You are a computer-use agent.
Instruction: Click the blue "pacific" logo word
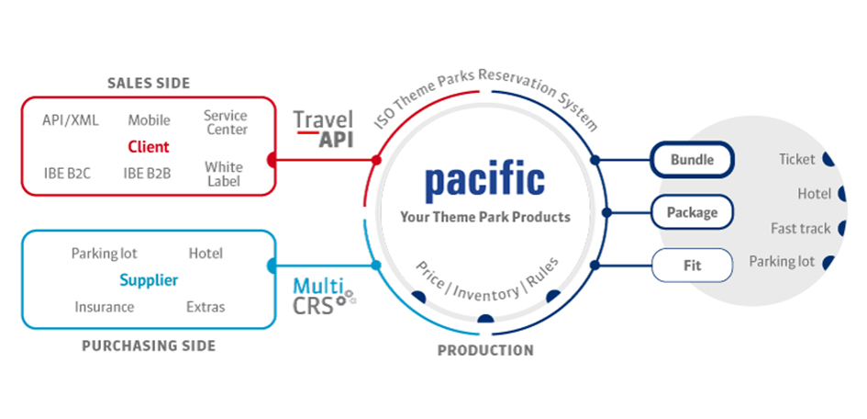[484, 180]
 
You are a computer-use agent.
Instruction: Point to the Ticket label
[796, 159]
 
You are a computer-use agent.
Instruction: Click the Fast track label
[800, 228]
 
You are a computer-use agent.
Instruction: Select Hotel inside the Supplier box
[206, 253]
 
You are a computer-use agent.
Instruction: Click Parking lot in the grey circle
[782, 262]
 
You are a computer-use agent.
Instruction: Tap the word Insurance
[105, 307]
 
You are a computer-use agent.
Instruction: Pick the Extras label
[206, 307]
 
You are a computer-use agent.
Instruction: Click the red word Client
[149, 146]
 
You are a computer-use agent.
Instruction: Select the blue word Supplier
[149, 280]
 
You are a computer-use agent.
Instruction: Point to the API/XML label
[71, 119]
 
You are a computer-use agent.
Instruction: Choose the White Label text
[224, 174]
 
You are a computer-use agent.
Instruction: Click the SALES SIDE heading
[149, 84]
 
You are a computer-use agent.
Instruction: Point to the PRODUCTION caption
[485, 350]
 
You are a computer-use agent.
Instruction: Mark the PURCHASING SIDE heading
[149, 345]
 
